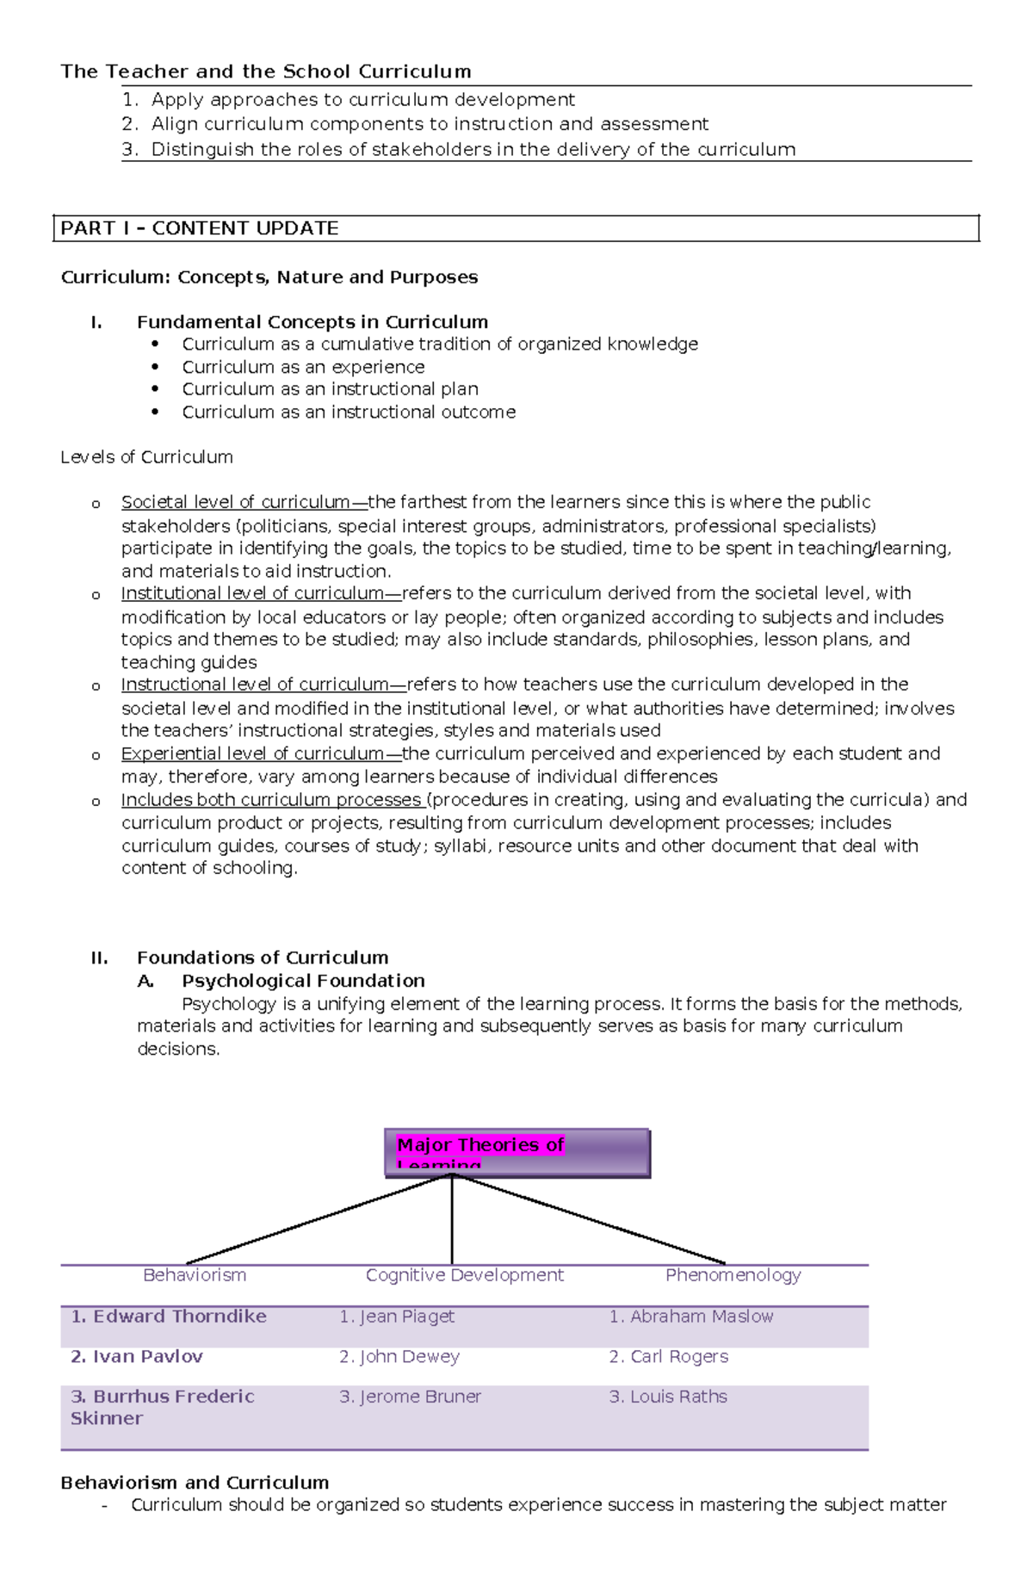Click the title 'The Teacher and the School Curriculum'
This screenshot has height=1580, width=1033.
(265, 71)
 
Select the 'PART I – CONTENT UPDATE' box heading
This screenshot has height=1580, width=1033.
(199, 228)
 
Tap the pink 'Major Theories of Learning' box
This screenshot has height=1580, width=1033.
(516, 1152)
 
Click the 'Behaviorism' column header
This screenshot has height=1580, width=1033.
(195, 1274)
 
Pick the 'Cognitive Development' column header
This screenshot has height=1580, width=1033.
(464, 1274)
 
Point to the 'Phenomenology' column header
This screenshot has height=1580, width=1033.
(733, 1274)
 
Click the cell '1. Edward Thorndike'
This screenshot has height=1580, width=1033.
(169, 1316)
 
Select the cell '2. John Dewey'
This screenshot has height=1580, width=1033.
(399, 1356)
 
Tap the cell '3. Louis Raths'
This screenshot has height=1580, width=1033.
(668, 1397)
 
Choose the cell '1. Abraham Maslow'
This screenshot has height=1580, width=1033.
(691, 1316)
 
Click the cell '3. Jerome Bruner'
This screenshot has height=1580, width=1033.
(410, 1397)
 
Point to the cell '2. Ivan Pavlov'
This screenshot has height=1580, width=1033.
(137, 1356)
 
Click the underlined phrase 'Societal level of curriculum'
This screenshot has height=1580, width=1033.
(236, 502)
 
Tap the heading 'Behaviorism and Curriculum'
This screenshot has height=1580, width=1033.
(195, 1482)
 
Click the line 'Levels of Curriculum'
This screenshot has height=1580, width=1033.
(146, 457)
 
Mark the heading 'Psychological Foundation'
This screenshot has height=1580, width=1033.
(303, 981)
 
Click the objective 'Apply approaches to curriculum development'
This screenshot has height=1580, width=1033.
(362, 100)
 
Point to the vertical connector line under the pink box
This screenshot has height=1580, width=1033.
(452, 1223)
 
